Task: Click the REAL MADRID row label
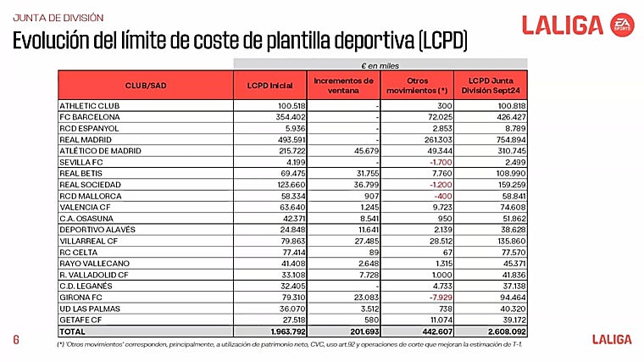pos(81,139)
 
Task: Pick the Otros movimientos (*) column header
pos(417,86)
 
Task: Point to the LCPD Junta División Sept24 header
pos(491,86)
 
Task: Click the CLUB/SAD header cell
pos(146,86)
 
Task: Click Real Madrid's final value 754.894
pos(508,139)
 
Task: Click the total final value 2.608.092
pos(505,331)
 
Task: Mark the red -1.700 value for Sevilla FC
pos(439,161)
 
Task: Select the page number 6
pos(15,340)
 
